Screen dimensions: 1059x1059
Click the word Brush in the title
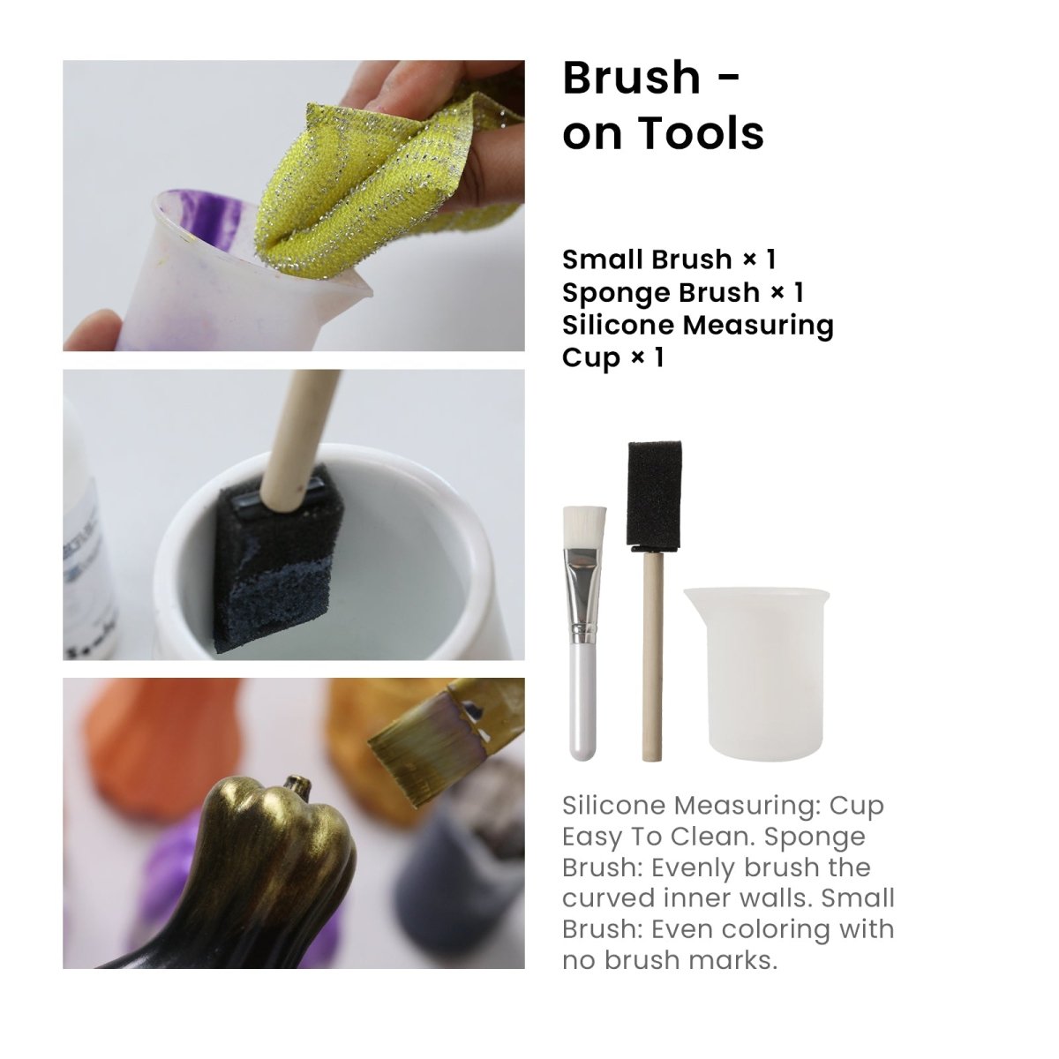[631, 78]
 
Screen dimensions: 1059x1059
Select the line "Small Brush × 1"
[669, 259]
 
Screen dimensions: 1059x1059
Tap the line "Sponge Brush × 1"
[683, 292]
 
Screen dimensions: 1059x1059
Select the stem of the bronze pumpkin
[294, 784]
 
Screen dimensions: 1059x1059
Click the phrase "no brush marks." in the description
[670, 960]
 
